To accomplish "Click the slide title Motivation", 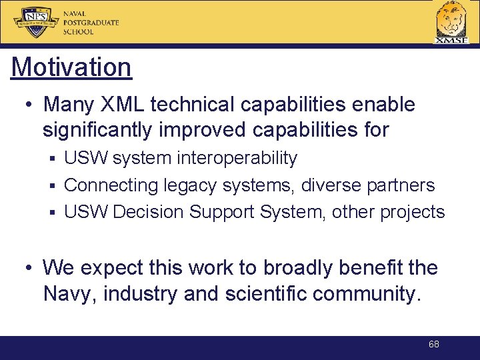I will click(x=71, y=67).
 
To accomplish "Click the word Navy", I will click(x=68, y=294).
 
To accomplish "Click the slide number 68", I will click(x=434, y=345).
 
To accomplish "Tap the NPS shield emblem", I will click(x=37, y=23).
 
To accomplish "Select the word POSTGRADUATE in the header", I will click(x=91, y=23).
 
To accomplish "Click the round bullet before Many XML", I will click(x=29, y=105).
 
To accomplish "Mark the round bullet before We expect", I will click(x=29, y=269).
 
